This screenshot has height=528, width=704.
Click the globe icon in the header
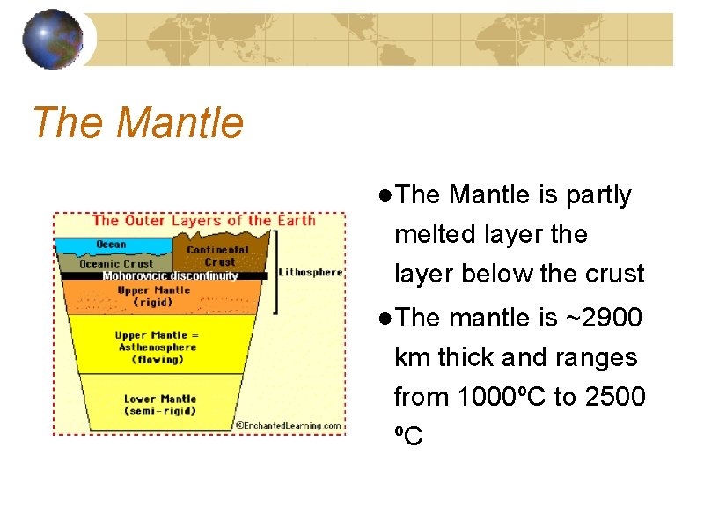(52, 40)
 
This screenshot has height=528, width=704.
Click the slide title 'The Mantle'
(137, 122)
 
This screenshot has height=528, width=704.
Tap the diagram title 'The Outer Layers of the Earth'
(203, 220)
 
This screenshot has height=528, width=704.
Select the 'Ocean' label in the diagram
(111, 245)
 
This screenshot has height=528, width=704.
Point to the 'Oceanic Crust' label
(116, 263)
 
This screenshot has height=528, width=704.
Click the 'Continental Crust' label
(218, 255)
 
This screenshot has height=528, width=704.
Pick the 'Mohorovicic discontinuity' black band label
(170, 275)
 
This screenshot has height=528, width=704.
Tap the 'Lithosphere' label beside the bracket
(310, 272)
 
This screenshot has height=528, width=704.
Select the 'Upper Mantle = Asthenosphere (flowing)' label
(157, 347)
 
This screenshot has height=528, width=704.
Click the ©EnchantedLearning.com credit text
(288, 426)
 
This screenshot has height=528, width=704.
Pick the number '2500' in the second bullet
(612, 397)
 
